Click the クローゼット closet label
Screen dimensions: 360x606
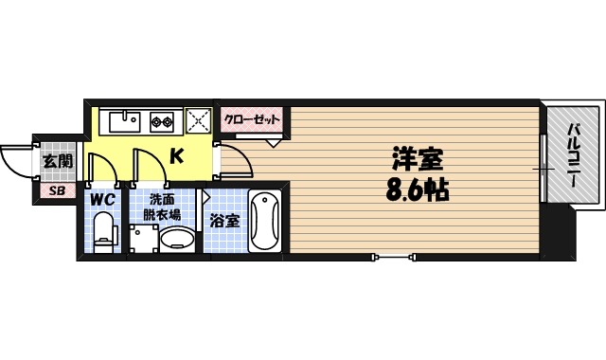point(252,119)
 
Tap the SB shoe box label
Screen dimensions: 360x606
point(56,191)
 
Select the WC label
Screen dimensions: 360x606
point(103,201)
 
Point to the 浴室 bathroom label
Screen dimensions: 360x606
point(224,221)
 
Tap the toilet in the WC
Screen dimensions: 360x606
point(104,231)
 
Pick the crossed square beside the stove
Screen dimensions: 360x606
point(200,120)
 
